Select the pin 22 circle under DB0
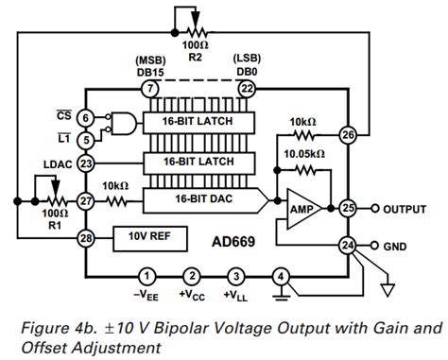(246, 88)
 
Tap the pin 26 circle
(349, 135)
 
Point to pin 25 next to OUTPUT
(349, 207)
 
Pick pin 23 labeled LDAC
(85, 163)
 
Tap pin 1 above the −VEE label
(146, 276)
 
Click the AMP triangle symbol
(301, 207)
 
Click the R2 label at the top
(195, 57)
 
